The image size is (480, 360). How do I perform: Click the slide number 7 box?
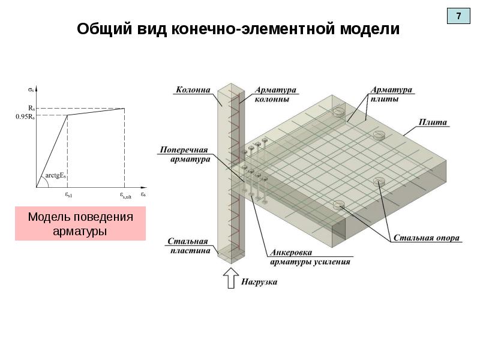click(459, 16)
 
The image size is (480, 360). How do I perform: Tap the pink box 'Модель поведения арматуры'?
click(80, 224)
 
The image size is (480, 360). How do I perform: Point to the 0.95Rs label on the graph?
click(25, 117)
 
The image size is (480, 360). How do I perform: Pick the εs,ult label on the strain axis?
click(125, 195)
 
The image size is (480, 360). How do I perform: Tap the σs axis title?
click(31, 89)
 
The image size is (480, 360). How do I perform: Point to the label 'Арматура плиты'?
click(391, 94)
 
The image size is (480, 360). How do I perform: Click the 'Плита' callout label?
click(433, 122)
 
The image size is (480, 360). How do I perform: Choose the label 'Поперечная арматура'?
click(185, 154)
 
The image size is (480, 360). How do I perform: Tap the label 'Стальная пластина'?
click(188, 246)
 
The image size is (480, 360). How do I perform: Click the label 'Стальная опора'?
click(427, 238)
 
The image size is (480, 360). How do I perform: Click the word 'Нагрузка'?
click(259, 281)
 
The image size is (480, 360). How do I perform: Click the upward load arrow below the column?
click(229, 278)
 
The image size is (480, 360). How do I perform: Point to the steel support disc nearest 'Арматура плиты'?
click(338, 111)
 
